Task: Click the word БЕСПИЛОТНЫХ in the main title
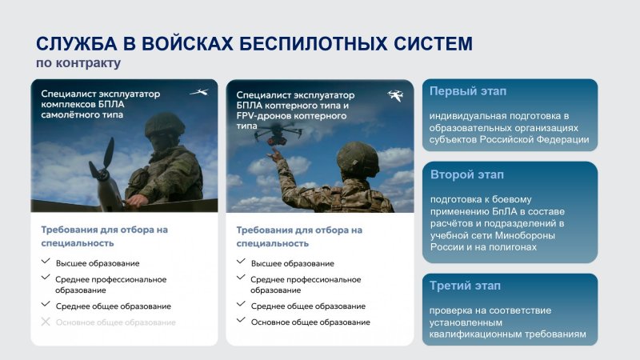coord(314,44)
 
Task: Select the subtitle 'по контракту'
coord(78,63)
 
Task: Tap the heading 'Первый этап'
coord(468,91)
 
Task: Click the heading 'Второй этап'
coord(467,174)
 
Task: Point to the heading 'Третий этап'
coord(465,286)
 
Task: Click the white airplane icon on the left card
coord(199,92)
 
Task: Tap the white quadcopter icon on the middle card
coord(395,95)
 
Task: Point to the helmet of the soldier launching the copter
coord(358,158)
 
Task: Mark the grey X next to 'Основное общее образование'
coord(46,322)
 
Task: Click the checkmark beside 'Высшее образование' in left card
coord(46,261)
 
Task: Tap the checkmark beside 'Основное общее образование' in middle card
coord(241,319)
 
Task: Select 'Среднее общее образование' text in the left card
coord(114,306)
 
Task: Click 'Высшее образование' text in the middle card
coord(293,264)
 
